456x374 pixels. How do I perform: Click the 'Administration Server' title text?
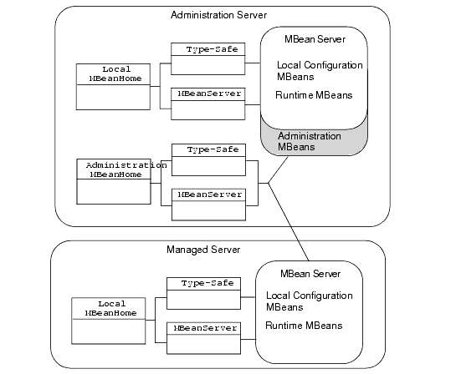coord(218,15)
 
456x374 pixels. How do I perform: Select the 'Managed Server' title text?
coord(203,250)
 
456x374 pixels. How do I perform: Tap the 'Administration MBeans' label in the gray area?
coord(310,141)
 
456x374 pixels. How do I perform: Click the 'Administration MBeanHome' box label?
coord(126,169)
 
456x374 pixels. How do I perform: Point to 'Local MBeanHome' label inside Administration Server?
coord(115,73)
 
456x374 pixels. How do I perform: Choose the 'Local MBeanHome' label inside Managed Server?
coord(110,308)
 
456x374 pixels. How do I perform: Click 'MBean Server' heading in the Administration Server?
coord(315,39)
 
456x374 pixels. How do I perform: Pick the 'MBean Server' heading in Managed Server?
coord(310,274)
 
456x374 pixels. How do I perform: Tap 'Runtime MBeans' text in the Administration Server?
coord(314,95)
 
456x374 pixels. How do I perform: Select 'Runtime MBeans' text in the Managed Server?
coord(304,326)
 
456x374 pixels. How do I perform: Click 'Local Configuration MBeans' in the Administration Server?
coord(320,71)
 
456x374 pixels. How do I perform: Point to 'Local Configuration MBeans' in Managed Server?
coord(310,301)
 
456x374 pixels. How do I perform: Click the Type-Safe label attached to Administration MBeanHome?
coord(213,149)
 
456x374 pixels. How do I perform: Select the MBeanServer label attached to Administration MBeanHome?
coord(210,195)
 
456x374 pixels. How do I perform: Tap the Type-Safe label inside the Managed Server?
coord(208,283)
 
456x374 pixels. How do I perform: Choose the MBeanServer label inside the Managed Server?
coord(205,328)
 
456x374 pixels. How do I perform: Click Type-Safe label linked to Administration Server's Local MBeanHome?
coord(212,49)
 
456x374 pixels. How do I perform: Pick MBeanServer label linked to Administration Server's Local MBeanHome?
coord(209,93)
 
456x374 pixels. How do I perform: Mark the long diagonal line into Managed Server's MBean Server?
coord(289,222)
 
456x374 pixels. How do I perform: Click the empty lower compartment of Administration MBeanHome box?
coord(114,191)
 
